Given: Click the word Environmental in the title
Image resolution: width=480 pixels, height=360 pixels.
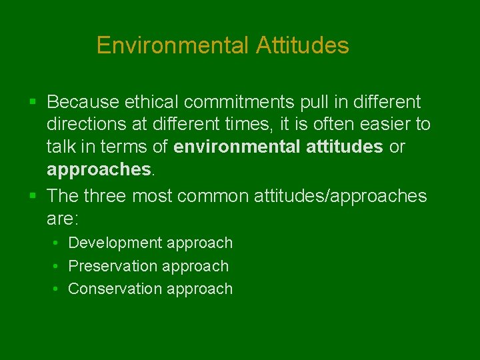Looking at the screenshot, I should click(x=172, y=45).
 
